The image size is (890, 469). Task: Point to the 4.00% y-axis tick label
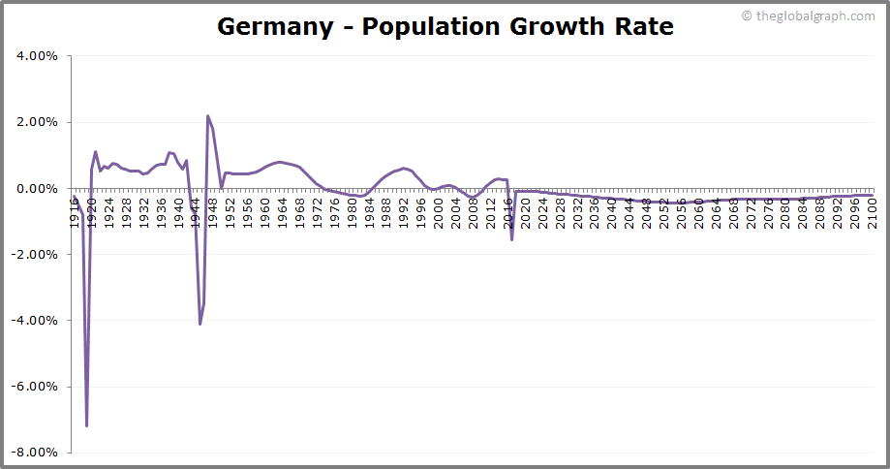[x=38, y=56]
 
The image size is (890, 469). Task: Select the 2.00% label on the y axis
[x=38, y=122]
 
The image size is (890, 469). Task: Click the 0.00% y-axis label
[x=38, y=188]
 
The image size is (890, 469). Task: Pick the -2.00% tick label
[x=36, y=254]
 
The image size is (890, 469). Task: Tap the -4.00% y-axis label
[x=36, y=320]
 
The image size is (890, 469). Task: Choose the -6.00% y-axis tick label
[x=36, y=386]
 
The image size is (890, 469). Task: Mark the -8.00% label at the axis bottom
[x=36, y=452]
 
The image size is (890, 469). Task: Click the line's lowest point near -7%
[x=87, y=425]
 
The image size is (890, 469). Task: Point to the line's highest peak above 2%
[x=208, y=116]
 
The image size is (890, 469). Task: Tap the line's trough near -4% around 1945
[x=199, y=324]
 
